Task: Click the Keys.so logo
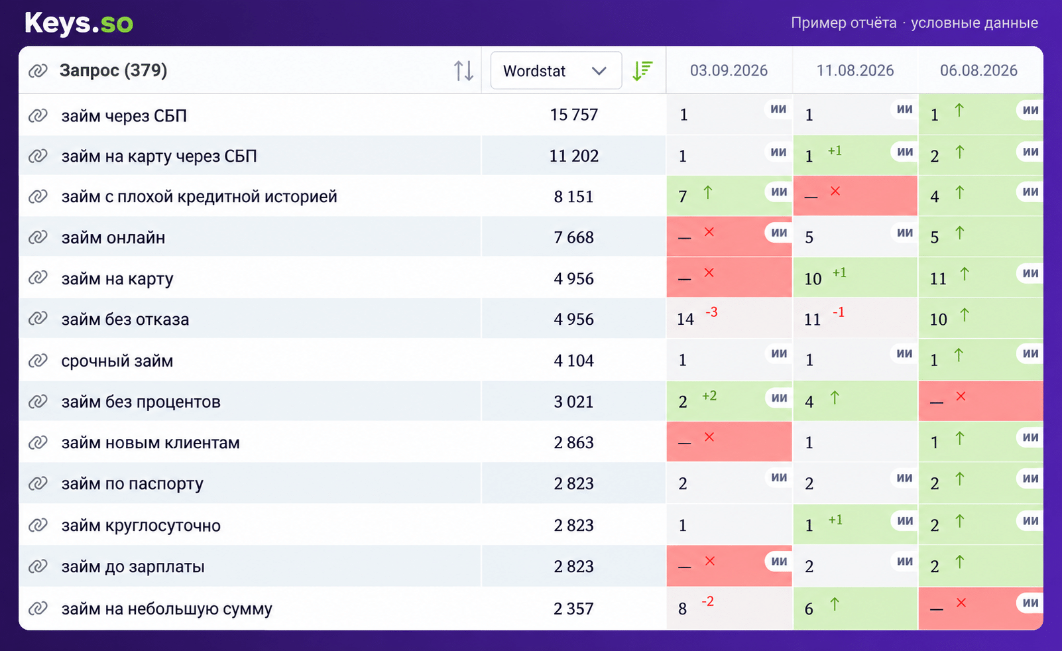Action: (x=79, y=23)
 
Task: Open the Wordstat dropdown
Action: (x=556, y=71)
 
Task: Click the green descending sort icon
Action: (x=642, y=71)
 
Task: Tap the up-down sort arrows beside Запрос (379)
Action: (x=463, y=71)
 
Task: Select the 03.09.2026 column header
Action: (x=729, y=71)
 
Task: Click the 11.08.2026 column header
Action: (x=855, y=71)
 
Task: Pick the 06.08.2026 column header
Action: (x=978, y=71)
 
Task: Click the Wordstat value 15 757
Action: (x=573, y=115)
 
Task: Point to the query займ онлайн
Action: (x=113, y=237)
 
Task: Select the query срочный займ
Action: (x=117, y=361)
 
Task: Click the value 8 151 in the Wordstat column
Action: (x=573, y=196)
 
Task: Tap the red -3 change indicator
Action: (x=711, y=312)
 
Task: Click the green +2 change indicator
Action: (x=709, y=396)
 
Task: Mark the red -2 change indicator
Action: (x=708, y=602)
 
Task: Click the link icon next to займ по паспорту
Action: (x=38, y=484)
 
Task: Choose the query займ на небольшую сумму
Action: (x=167, y=609)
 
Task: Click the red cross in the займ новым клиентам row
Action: (x=709, y=437)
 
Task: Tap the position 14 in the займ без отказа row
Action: (x=685, y=320)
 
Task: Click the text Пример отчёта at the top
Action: (x=844, y=23)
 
